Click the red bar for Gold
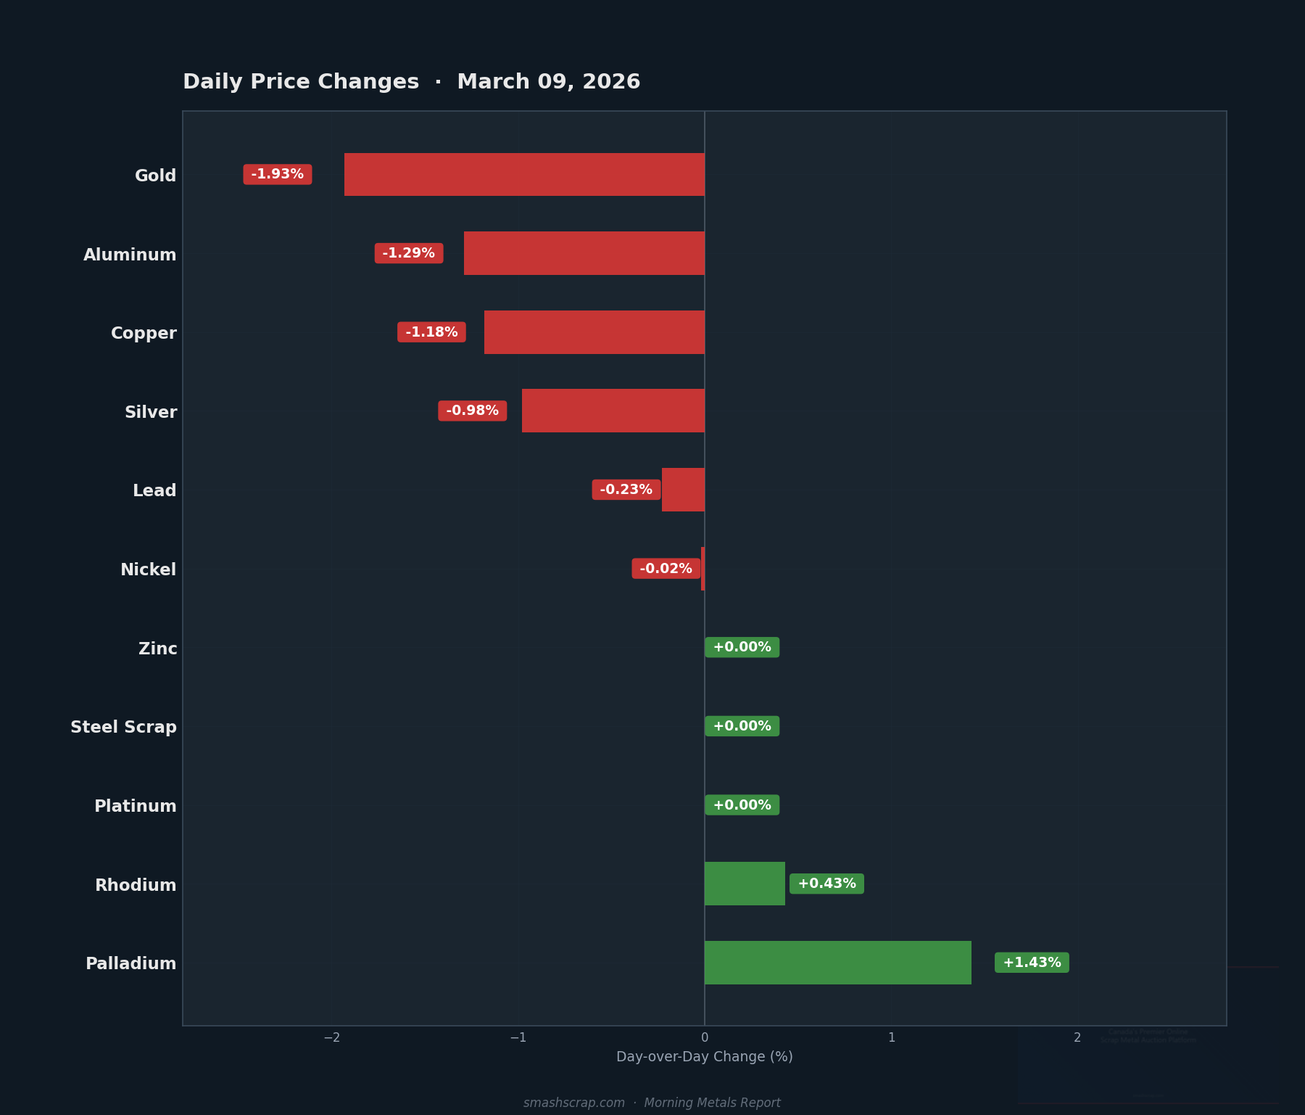click(x=524, y=174)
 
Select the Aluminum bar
click(x=584, y=253)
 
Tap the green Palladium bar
click(x=837, y=963)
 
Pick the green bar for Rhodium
click(x=745, y=884)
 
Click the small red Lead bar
click(x=683, y=490)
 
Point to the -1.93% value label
click(x=278, y=174)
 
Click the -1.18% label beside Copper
click(x=431, y=332)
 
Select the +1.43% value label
click(x=1032, y=963)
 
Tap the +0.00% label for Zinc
click(x=742, y=647)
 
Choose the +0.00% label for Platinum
click(x=742, y=805)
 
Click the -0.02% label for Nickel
click(x=666, y=569)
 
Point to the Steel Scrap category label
click(x=123, y=727)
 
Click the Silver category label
click(x=151, y=412)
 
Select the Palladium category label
click(x=131, y=963)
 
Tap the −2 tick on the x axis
click(x=332, y=1038)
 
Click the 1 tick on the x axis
click(x=891, y=1038)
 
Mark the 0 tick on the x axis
click(x=705, y=1038)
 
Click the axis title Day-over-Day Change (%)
click(x=704, y=1057)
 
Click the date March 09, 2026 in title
click(x=548, y=82)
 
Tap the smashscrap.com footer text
click(x=573, y=1103)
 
